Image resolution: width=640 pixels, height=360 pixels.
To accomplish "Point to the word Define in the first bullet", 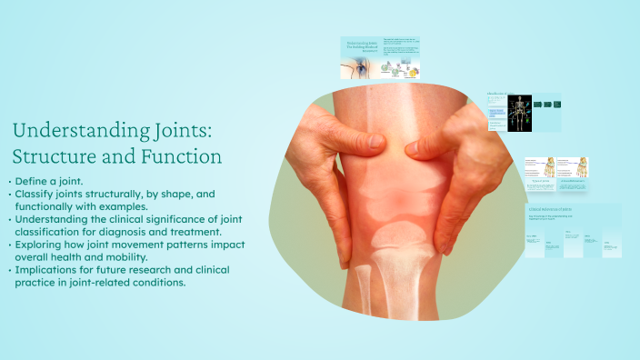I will [32, 182].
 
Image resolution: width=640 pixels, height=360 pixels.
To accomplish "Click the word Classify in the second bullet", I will [35, 195].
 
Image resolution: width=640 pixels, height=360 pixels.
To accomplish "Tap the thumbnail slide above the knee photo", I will [380, 58].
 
